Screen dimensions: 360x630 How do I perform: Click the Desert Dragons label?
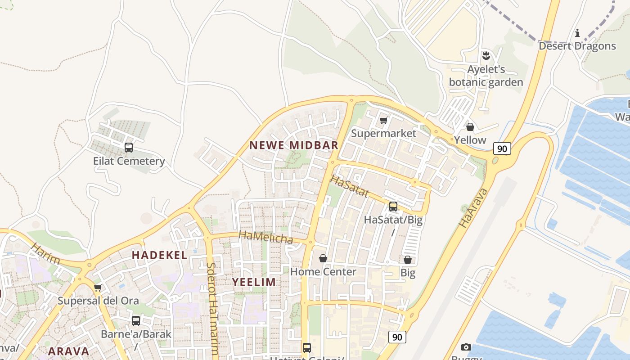coord(577,46)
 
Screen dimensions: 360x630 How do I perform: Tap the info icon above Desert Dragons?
coord(577,33)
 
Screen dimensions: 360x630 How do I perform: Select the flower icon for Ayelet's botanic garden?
coord(486,56)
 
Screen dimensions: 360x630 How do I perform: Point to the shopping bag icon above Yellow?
coord(470,127)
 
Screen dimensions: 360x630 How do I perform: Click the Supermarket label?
coord(383,133)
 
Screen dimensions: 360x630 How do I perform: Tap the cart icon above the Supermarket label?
coord(383,120)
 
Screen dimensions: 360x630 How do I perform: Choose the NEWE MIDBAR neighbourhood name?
coord(293,145)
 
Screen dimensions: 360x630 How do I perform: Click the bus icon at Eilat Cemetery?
coord(129,148)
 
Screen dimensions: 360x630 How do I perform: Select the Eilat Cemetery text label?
coord(129,161)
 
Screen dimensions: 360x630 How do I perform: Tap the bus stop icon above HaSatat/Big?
coord(393,207)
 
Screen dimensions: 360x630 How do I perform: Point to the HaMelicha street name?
coord(266,237)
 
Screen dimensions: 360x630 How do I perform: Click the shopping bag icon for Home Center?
coord(323,258)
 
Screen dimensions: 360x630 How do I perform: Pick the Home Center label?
coord(323,272)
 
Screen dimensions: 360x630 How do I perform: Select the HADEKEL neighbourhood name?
coord(159,255)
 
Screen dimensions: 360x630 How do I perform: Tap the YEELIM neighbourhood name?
coord(254,282)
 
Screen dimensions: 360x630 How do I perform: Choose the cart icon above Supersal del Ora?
coord(98,288)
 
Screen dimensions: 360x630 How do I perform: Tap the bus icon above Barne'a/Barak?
coord(136,321)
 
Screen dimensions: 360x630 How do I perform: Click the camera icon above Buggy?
coord(466,347)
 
